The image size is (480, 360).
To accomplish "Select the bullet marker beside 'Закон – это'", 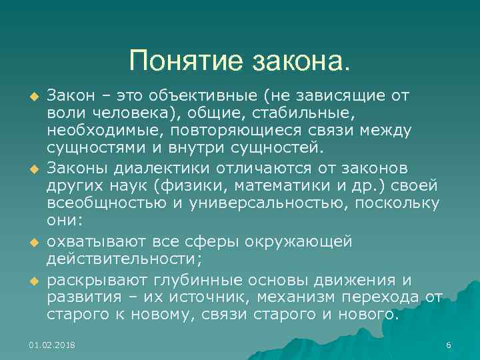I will (x=31, y=98).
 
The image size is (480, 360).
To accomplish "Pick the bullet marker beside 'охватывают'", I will (x=31, y=243).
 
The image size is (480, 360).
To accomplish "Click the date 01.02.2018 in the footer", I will (x=52, y=345).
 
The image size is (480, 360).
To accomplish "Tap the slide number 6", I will (x=449, y=345).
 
